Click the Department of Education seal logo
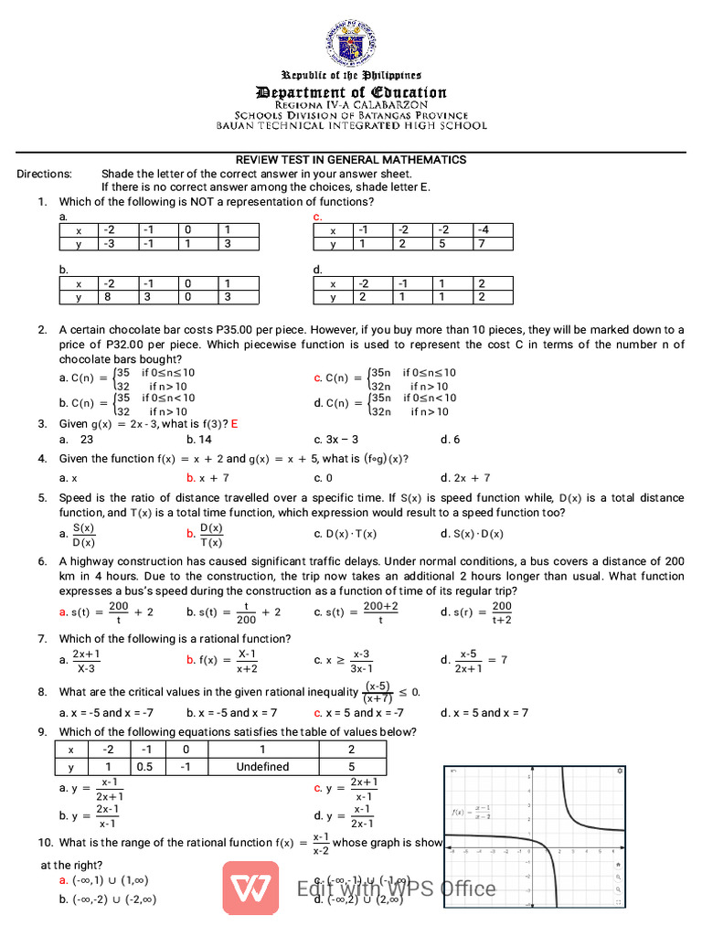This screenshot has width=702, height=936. pyautogui.click(x=351, y=42)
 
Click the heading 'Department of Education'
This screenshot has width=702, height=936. pyautogui.click(x=351, y=92)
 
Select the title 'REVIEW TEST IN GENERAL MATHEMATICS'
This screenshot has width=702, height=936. pyautogui.click(x=351, y=160)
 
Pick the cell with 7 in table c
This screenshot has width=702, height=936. pyautogui.click(x=493, y=244)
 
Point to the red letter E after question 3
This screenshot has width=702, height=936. pyautogui.click(x=235, y=424)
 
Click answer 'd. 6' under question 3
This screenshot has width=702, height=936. pyautogui.click(x=451, y=440)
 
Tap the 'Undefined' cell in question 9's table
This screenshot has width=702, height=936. pyautogui.click(x=262, y=767)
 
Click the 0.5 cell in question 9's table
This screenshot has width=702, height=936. pyautogui.click(x=144, y=767)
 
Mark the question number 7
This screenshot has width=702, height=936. pyautogui.click(x=43, y=638)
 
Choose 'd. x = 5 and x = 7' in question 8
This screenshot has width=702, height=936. pyautogui.click(x=484, y=713)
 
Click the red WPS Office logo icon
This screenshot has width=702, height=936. pyautogui.click(x=250, y=886)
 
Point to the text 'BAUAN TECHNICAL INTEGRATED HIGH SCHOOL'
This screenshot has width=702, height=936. pyautogui.click(x=351, y=126)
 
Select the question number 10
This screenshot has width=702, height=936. pyautogui.click(x=46, y=843)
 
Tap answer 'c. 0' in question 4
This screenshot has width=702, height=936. pyautogui.click(x=323, y=477)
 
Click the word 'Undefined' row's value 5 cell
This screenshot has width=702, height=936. pyautogui.click(x=351, y=767)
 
